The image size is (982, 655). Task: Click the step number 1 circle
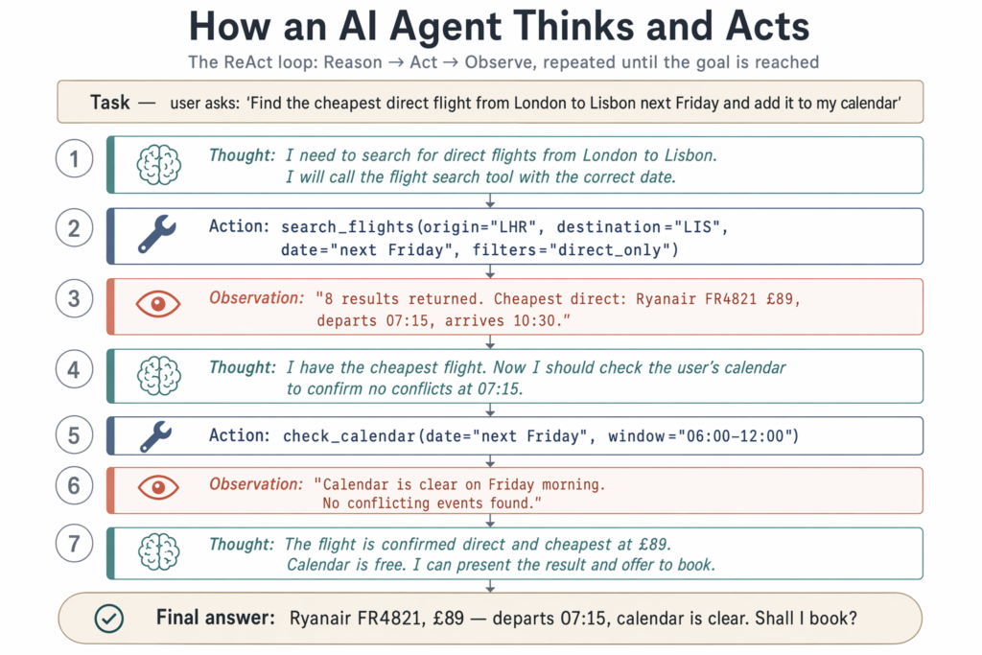74,158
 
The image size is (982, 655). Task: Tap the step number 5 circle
74,435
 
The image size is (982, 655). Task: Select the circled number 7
74,543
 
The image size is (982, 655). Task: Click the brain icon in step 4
159,376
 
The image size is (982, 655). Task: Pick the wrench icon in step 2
156,234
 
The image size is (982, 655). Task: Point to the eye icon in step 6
158,487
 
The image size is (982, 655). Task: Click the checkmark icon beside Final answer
109,619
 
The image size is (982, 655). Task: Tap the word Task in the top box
109,102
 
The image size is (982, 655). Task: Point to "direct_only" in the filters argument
610,250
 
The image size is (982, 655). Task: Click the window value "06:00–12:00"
736,435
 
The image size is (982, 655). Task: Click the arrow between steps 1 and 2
490,200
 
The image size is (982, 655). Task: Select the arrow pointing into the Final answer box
490,586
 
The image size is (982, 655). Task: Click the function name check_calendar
349,435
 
